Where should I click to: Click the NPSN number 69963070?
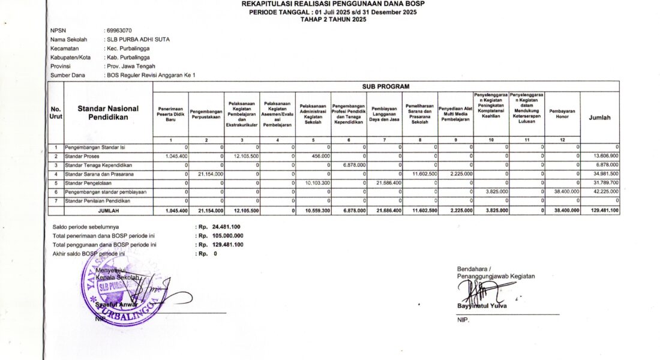click(119, 30)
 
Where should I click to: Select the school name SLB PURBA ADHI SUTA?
click(137, 39)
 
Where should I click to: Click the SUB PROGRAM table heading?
click(385, 87)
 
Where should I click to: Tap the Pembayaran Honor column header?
click(562, 114)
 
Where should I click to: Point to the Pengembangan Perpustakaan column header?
click(206, 114)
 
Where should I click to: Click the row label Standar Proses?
click(82, 155)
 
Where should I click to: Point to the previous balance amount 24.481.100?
click(226, 227)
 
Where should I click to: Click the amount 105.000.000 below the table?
click(227, 236)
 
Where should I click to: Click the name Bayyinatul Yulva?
click(481, 306)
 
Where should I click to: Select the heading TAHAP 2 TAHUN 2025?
click(333, 19)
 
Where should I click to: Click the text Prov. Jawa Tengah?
click(130, 66)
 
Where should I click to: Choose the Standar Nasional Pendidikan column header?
click(108, 113)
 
